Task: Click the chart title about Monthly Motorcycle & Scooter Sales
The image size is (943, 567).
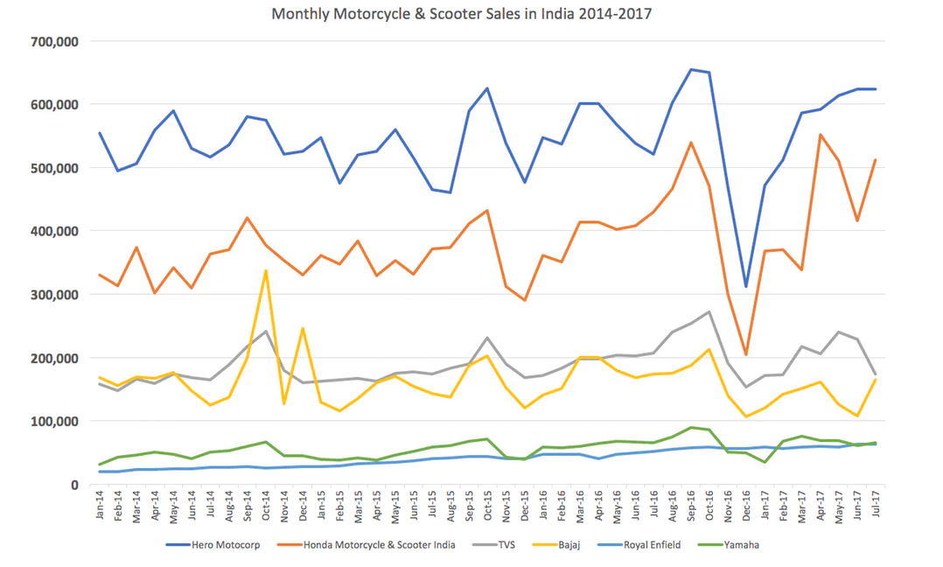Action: (462, 14)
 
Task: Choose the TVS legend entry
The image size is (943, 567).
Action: (508, 544)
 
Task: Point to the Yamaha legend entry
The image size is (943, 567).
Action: (741, 544)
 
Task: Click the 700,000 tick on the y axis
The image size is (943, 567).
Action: (54, 41)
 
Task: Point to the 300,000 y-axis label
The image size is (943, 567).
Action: (54, 295)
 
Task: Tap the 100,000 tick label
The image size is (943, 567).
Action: (54, 422)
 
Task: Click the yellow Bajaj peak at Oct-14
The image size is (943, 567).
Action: (266, 271)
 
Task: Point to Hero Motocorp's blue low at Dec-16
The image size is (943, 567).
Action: (745, 286)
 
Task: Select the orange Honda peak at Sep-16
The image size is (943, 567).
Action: (690, 142)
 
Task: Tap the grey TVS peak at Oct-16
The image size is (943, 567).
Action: (709, 311)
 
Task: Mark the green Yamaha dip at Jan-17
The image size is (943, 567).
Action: (764, 462)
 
